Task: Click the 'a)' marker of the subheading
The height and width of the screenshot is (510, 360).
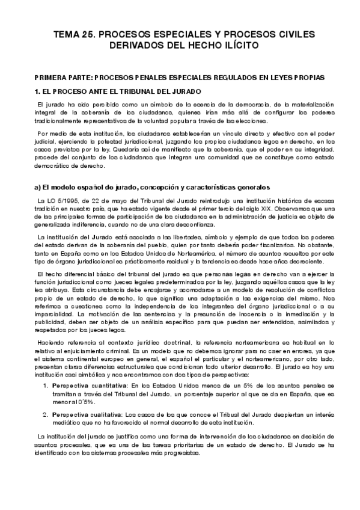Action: tap(38, 187)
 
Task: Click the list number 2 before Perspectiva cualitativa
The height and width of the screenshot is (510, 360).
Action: tap(45, 414)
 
